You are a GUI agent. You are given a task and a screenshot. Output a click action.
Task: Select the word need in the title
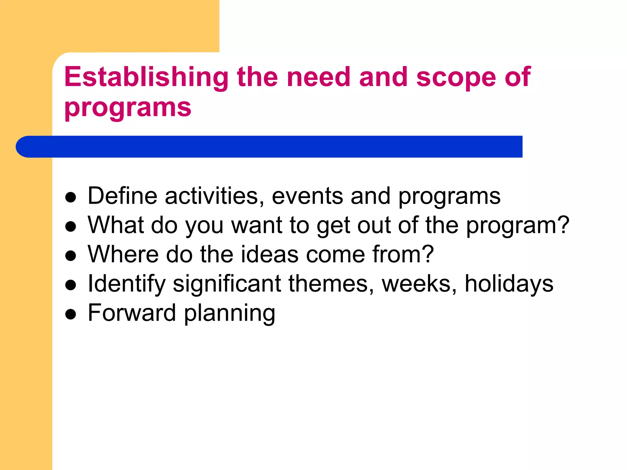[318, 77]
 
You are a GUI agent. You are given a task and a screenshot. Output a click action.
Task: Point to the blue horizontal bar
[269, 147]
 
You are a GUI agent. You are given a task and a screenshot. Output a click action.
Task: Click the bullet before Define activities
[71, 197]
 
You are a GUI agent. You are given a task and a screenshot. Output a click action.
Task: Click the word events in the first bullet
[307, 196]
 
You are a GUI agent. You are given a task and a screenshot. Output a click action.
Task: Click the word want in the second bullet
[257, 225]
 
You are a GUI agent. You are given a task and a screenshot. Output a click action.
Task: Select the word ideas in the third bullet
[269, 254]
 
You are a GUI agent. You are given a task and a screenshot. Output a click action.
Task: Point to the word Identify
[126, 284]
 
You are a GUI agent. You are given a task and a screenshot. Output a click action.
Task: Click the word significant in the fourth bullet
[227, 284]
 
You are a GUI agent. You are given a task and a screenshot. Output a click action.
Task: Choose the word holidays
[509, 284]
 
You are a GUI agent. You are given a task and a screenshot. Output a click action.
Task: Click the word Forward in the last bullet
[132, 313]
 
